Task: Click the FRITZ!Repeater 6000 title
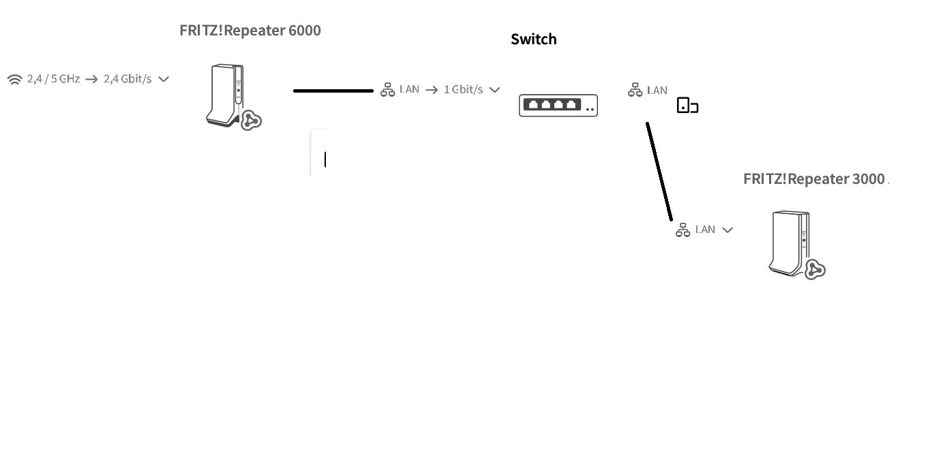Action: [x=250, y=31]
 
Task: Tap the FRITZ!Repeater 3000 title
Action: [x=814, y=178]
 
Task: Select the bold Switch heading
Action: [x=534, y=40]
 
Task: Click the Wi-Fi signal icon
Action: [x=15, y=79]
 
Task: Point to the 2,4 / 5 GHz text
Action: [x=53, y=79]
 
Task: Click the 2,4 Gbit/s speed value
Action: [x=127, y=79]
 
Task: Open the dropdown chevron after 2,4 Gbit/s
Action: [x=164, y=79]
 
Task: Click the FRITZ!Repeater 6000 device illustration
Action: [x=225, y=95]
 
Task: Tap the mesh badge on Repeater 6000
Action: [x=252, y=120]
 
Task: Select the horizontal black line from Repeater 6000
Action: [x=333, y=91]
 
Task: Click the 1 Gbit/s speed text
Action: [x=463, y=89]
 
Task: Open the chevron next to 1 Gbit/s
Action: [x=494, y=90]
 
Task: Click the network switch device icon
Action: [x=558, y=106]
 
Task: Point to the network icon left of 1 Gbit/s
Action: [x=388, y=89]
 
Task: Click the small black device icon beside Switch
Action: [x=688, y=106]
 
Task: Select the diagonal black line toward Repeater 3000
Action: [x=659, y=171]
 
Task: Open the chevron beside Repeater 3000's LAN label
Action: [x=727, y=230]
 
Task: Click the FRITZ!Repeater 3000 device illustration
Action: [x=789, y=243]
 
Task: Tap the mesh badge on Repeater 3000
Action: [x=815, y=270]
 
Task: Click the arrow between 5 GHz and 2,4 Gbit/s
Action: [x=91, y=79]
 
